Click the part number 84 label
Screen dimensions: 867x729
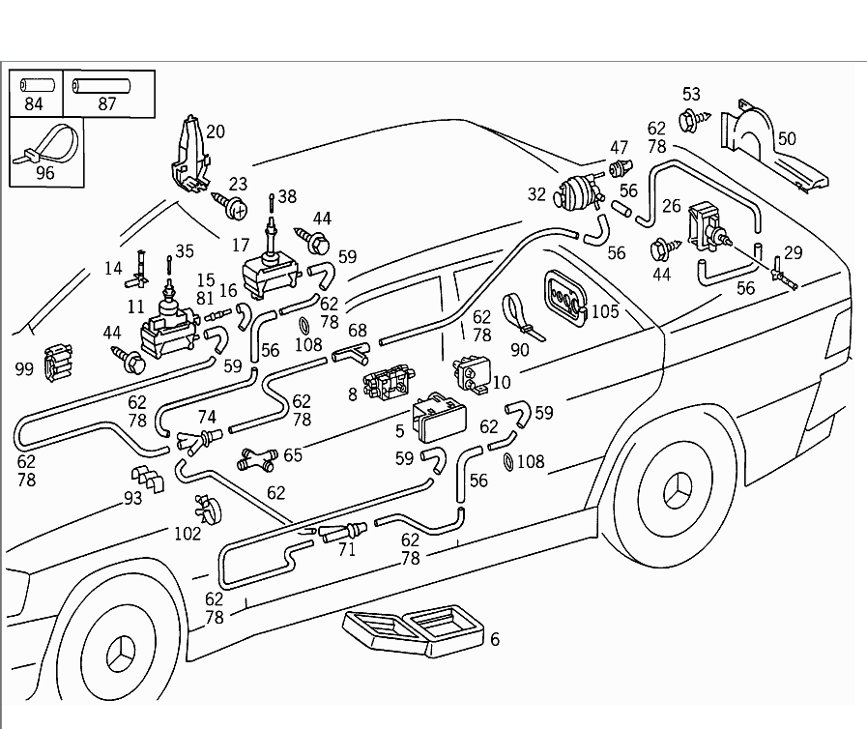click(x=34, y=103)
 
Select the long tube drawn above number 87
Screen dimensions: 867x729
click(x=101, y=86)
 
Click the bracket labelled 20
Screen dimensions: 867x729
click(x=189, y=153)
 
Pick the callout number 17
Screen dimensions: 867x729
click(x=241, y=244)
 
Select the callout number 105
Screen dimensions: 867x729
click(x=605, y=311)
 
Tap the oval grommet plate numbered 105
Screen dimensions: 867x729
click(x=566, y=298)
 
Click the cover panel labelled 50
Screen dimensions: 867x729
click(x=771, y=148)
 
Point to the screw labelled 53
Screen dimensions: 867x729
click(x=695, y=119)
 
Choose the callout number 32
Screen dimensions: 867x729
click(x=536, y=194)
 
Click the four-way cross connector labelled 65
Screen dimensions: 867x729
click(x=258, y=459)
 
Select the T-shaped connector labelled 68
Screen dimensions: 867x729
click(x=351, y=354)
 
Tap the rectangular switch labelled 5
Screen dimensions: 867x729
click(x=440, y=418)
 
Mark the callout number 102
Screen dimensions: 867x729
click(x=188, y=534)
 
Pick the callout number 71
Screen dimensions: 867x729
click(x=347, y=549)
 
